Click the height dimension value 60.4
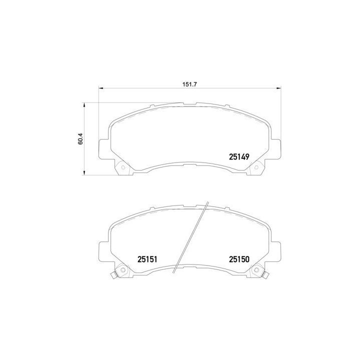click(x=80, y=139)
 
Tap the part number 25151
click(x=147, y=259)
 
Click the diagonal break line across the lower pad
click(x=190, y=237)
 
